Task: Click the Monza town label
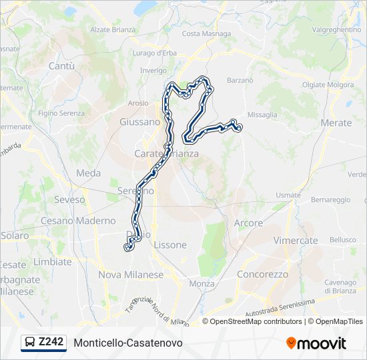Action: point(202,283)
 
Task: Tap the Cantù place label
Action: point(61,66)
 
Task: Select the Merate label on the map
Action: point(336,123)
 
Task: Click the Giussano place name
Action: point(139,122)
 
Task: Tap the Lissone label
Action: point(170,245)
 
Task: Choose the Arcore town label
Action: point(248,223)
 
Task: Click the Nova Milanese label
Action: point(130,275)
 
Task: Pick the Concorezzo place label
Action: point(262,274)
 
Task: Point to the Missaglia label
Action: point(262,115)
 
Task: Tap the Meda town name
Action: point(88,173)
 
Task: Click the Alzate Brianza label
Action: point(113,29)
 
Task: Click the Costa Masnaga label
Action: point(206,33)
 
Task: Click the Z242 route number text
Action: point(51,342)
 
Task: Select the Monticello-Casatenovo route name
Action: point(128,343)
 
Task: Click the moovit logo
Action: point(316,343)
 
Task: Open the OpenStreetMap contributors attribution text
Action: point(256,321)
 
